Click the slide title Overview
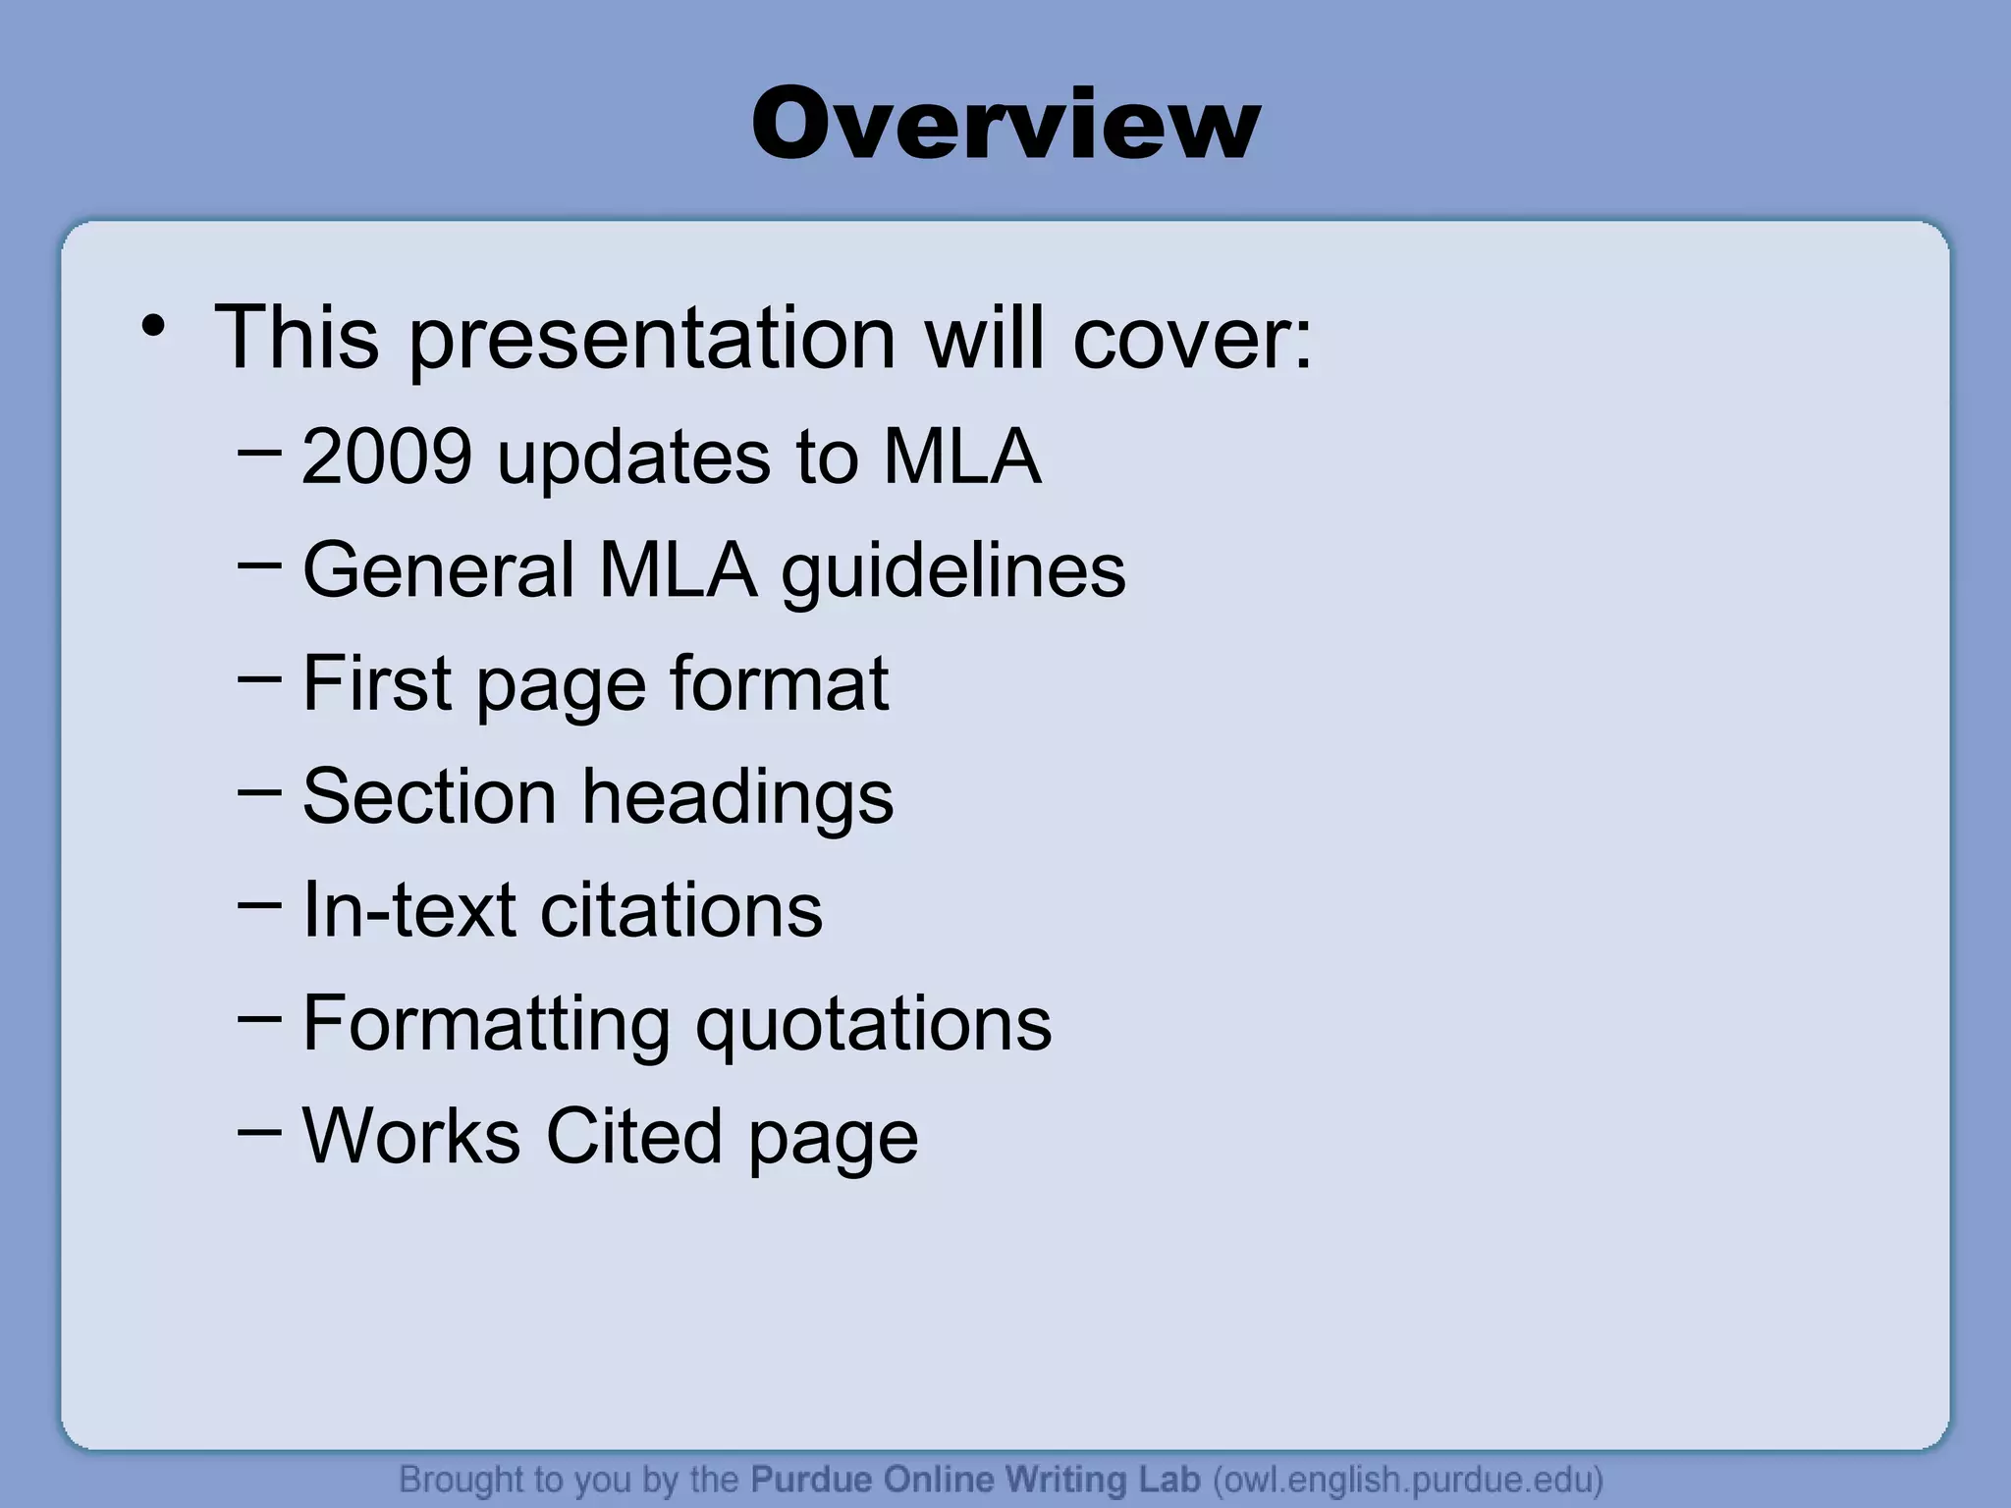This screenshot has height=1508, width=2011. tap(1005, 125)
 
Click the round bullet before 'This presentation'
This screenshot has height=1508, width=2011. tap(153, 327)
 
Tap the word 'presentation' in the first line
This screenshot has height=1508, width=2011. tap(652, 340)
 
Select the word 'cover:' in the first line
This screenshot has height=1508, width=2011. tap(1192, 340)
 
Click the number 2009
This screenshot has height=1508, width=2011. tap(387, 457)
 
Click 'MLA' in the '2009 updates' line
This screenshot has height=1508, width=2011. tap(961, 457)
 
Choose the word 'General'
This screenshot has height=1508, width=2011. tap(438, 569)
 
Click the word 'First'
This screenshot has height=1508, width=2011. tap(377, 682)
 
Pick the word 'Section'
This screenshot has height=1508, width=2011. tap(429, 796)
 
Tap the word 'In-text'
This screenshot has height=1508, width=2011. tap(408, 909)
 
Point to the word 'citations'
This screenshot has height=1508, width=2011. tap(681, 909)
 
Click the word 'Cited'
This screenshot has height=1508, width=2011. tap(634, 1136)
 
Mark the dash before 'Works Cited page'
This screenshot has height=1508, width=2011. tap(259, 1131)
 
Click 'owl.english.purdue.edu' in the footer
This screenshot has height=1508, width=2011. tap(1408, 1479)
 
